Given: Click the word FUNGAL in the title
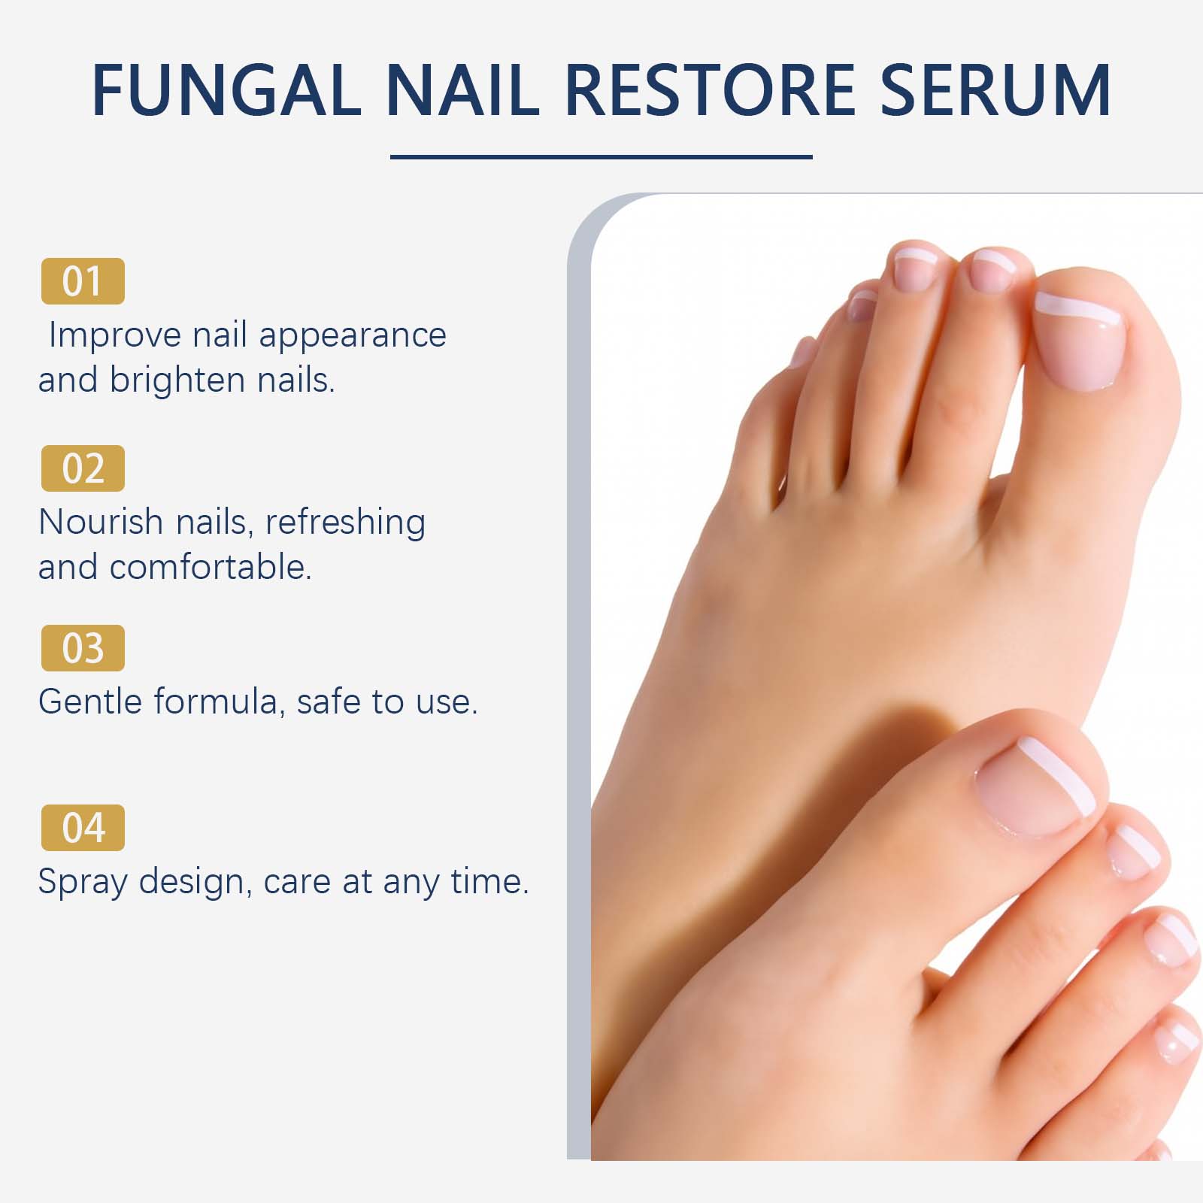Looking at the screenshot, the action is tap(227, 90).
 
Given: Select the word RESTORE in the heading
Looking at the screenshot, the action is tap(708, 90).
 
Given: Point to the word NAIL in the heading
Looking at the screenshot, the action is tap(462, 90).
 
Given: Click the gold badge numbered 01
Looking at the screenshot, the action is tap(83, 281).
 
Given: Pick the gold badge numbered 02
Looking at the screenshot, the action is tap(83, 468).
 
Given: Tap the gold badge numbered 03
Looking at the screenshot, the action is tap(83, 648).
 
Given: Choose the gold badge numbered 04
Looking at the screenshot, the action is tap(83, 828).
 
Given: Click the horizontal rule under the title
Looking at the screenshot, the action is tap(601, 157).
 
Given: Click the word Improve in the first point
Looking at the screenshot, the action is tap(115, 335).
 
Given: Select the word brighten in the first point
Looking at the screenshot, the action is tap(178, 380).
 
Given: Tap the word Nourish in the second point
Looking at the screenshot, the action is tap(101, 522).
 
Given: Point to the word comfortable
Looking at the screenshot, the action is tap(211, 567).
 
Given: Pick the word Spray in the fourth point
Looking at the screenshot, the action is tap(83, 883).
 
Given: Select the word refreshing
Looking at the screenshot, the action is tap(346, 522).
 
